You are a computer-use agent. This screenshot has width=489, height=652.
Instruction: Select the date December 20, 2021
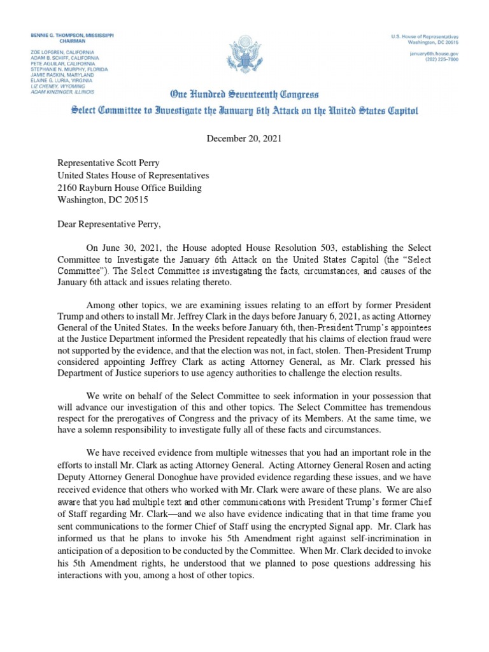244,138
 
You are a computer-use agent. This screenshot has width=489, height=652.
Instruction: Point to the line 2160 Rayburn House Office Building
129,188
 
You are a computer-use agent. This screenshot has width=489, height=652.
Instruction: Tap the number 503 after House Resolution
300,248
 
